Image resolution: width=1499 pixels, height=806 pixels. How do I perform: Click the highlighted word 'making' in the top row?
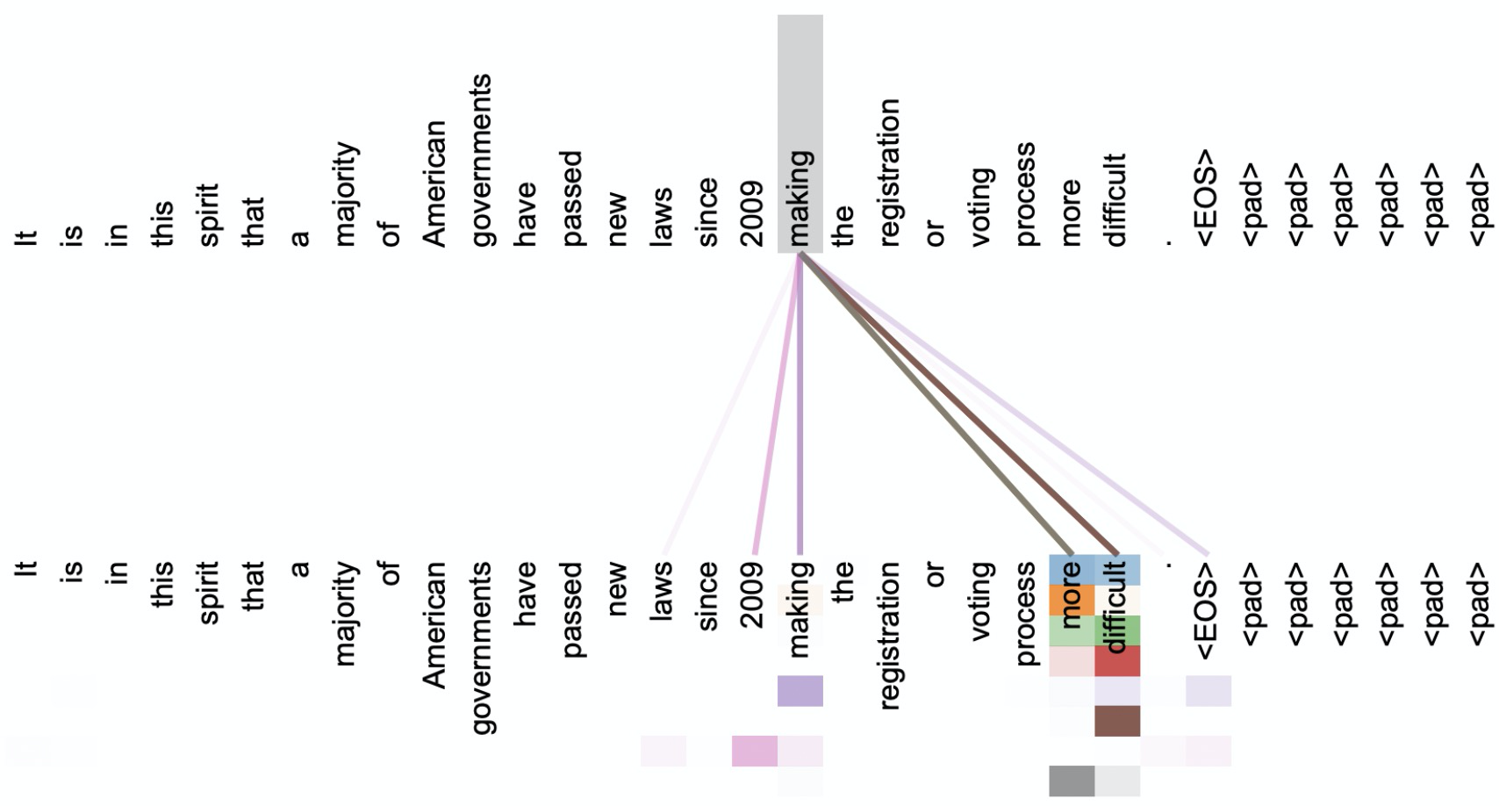click(x=800, y=198)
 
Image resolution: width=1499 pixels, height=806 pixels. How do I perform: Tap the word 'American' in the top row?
click(x=435, y=184)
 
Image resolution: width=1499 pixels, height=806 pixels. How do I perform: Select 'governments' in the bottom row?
click(x=480, y=648)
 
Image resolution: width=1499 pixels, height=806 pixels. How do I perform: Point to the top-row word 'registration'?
click(x=890, y=173)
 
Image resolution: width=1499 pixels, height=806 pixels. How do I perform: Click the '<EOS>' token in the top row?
click(x=1204, y=198)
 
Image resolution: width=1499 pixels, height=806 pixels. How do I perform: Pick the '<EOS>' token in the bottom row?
click(x=1204, y=610)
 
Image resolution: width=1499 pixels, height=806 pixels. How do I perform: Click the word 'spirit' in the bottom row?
click(x=210, y=593)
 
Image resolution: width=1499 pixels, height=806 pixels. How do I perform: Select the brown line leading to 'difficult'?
click(x=959, y=405)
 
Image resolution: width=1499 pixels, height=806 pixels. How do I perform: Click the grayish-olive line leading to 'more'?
click(x=936, y=405)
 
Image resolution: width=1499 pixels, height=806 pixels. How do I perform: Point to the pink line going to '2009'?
click(x=778, y=405)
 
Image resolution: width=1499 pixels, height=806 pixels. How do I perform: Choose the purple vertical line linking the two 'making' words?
click(x=800, y=405)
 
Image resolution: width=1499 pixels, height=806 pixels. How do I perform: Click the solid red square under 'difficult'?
click(x=1117, y=661)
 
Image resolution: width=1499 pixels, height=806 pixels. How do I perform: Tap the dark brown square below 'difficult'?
click(x=1117, y=721)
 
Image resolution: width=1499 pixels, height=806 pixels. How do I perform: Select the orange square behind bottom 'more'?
click(x=1072, y=601)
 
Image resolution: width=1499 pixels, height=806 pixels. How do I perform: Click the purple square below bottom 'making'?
click(x=800, y=691)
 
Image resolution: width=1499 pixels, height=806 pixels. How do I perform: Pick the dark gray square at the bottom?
click(x=1072, y=781)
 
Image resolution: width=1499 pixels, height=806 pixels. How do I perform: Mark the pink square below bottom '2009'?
click(x=755, y=751)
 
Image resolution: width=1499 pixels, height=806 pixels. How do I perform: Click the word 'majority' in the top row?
click(x=345, y=193)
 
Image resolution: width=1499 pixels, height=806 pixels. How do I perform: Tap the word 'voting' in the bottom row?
click(x=980, y=601)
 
